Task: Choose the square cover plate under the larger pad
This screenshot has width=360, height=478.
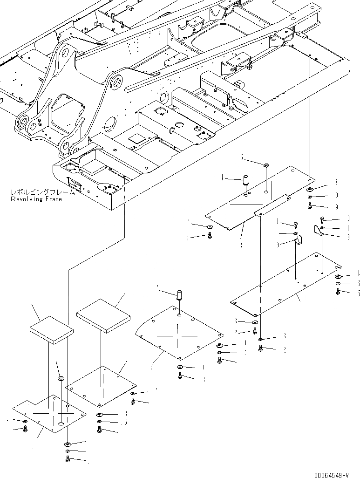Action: [101, 386]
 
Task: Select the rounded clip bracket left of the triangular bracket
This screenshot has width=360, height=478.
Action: [298, 240]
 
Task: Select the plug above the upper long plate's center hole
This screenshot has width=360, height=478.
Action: [265, 165]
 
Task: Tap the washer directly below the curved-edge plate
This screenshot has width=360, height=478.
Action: [180, 368]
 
